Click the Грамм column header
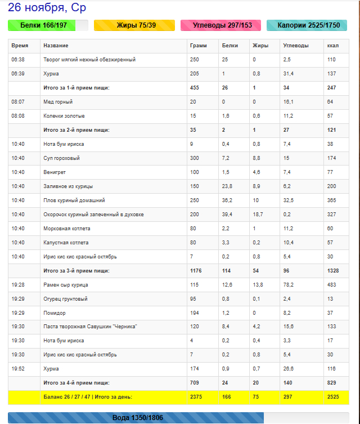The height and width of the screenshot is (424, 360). tap(199, 46)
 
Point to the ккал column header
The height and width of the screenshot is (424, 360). tap(332, 46)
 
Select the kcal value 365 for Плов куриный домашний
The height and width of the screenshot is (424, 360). tap(331, 200)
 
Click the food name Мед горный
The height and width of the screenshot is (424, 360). tap(58, 102)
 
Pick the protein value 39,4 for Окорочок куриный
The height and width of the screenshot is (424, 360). tap(228, 215)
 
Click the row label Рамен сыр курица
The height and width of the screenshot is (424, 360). tap(65, 285)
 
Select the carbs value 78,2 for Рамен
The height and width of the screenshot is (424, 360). tap(287, 285)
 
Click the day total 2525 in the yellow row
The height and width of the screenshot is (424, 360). tap(334, 398)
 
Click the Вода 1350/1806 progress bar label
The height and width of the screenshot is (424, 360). tap(137, 418)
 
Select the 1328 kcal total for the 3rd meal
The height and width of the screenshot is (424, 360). tap(334, 271)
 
